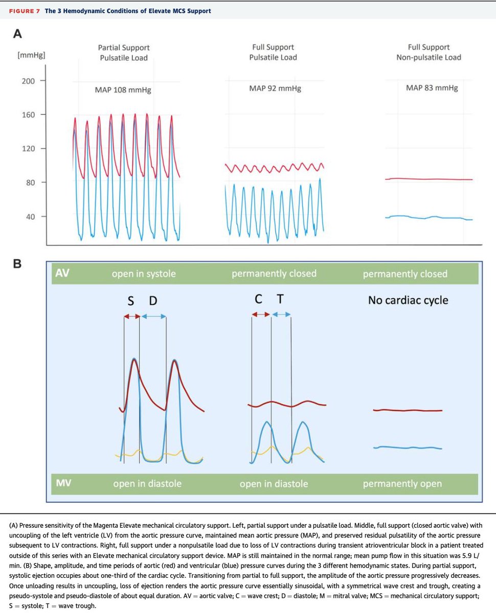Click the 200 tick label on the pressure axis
28,81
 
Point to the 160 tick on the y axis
28,114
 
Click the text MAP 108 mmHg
123,90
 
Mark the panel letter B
17,264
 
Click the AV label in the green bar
62,273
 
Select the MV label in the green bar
62,483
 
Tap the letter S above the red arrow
130,301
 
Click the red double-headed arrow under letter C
261,314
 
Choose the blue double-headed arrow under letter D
153,316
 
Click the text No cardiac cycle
408,300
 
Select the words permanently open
401,483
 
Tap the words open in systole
144,274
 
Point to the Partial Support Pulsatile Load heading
124,53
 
